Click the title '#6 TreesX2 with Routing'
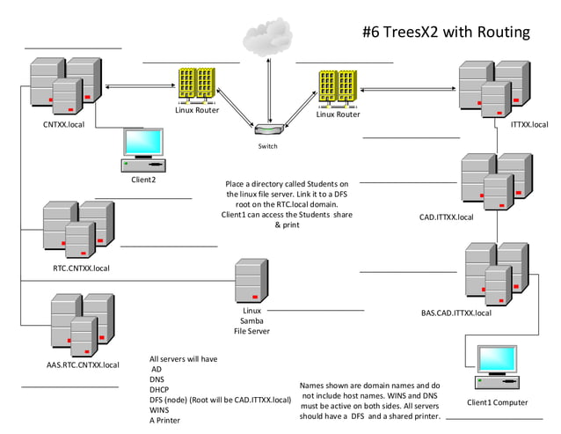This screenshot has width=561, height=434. [x=446, y=33]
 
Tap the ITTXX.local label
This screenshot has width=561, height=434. [x=528, y=125]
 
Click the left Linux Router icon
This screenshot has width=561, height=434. [x=195, y=85]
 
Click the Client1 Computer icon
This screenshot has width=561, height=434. [x=497, y=368]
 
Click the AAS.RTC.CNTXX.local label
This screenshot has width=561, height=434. [x=83, y=364]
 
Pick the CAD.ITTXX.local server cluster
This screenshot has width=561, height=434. [x=496, y=181]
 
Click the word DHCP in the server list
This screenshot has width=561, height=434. [x=161, y=389]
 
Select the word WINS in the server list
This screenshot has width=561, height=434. [x=160, y=409]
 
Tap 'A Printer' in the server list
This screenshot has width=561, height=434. [x=165, y=420]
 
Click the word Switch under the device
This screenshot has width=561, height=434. [x=266, y=146]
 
